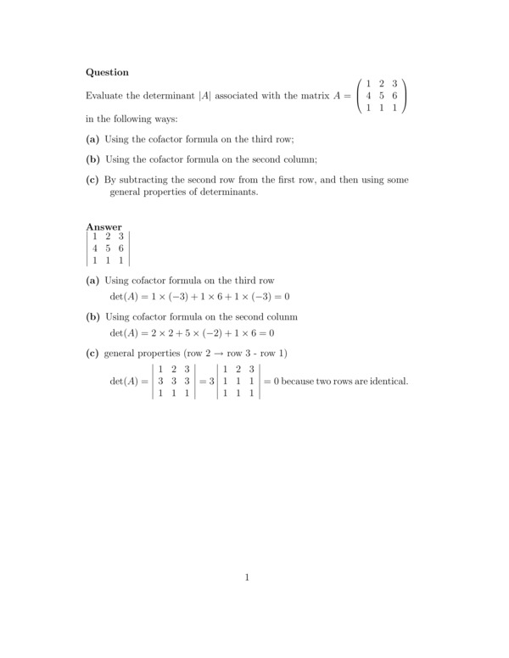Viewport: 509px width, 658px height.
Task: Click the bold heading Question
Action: pos(108,73)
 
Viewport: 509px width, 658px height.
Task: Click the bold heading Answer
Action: pos(104,226)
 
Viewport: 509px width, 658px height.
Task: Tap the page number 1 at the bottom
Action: pos(247,578)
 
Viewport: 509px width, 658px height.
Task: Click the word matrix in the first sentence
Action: pos(314,97)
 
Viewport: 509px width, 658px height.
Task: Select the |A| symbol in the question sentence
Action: pos(204,97)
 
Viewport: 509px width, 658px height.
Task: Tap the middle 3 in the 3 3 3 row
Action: pos(173,381)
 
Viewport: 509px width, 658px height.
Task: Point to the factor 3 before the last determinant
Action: pos(212,381)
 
